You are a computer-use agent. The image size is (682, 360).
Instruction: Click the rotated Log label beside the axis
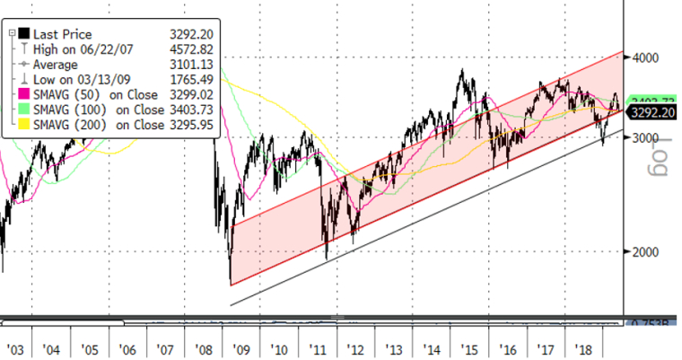pyautogui.click(x=666, y=151)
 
